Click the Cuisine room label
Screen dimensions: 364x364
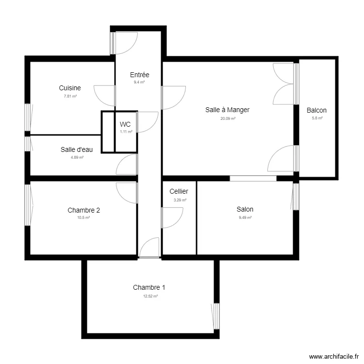click(69, 88)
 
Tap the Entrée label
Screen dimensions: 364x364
click(139, 75)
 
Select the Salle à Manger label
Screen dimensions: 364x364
click(227, 110)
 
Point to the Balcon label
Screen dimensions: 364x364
click(316, 110)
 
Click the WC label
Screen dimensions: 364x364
click(125, 124)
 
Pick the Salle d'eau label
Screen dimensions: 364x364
click(77, 149)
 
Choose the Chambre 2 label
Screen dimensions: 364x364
click(84, 210)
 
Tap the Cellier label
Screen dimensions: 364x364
click(179, 192)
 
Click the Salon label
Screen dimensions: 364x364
click(245, 209)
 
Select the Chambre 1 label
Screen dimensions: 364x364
click(149, 287)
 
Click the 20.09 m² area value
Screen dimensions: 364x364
click(227, 118)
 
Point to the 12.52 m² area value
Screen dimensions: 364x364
click(149, 296)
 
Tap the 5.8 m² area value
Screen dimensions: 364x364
click(316, 118)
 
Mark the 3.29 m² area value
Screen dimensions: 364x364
click(179, 200)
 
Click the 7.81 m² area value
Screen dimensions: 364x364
click(70, 96)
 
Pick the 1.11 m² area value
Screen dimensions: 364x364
click(126, 132)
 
